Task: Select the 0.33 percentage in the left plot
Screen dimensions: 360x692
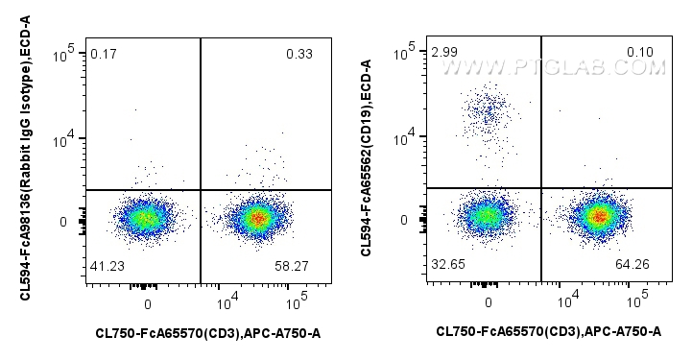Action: (x=298, y=53)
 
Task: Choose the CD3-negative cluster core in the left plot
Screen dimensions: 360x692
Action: (x=145, y=218)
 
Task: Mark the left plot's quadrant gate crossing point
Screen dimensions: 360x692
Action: (x=201, y=190)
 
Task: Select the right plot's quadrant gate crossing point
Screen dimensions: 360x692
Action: (x=542, y=188)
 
